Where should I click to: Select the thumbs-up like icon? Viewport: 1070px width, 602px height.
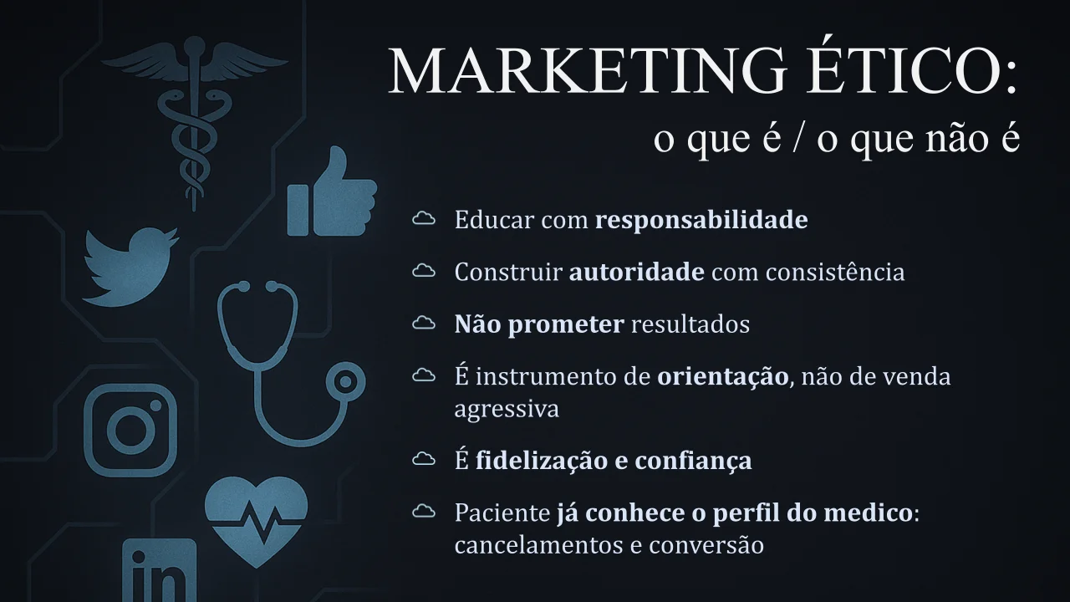(332, 192)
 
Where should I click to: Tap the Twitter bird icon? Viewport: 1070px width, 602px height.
(130, 268)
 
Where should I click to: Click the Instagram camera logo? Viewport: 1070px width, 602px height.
(130, 430)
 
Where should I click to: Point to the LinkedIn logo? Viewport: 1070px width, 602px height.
(159, 570)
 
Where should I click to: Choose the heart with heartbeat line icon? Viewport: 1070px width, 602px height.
(256, 522)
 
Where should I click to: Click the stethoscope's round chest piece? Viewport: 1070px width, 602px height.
(346, 382)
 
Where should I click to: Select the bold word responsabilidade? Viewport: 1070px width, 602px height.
(701, 221)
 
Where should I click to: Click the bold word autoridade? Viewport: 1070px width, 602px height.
(636, 272)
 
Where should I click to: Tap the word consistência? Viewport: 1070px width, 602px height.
(835, 272)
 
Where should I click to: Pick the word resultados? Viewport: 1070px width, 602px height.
(690, 324)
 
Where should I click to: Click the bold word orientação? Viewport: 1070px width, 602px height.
(723, 377)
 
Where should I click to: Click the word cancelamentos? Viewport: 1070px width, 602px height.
(538, 545)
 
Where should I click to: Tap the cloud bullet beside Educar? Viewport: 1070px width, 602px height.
(424, 218)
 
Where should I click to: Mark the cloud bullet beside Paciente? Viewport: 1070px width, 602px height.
(424, 512)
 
